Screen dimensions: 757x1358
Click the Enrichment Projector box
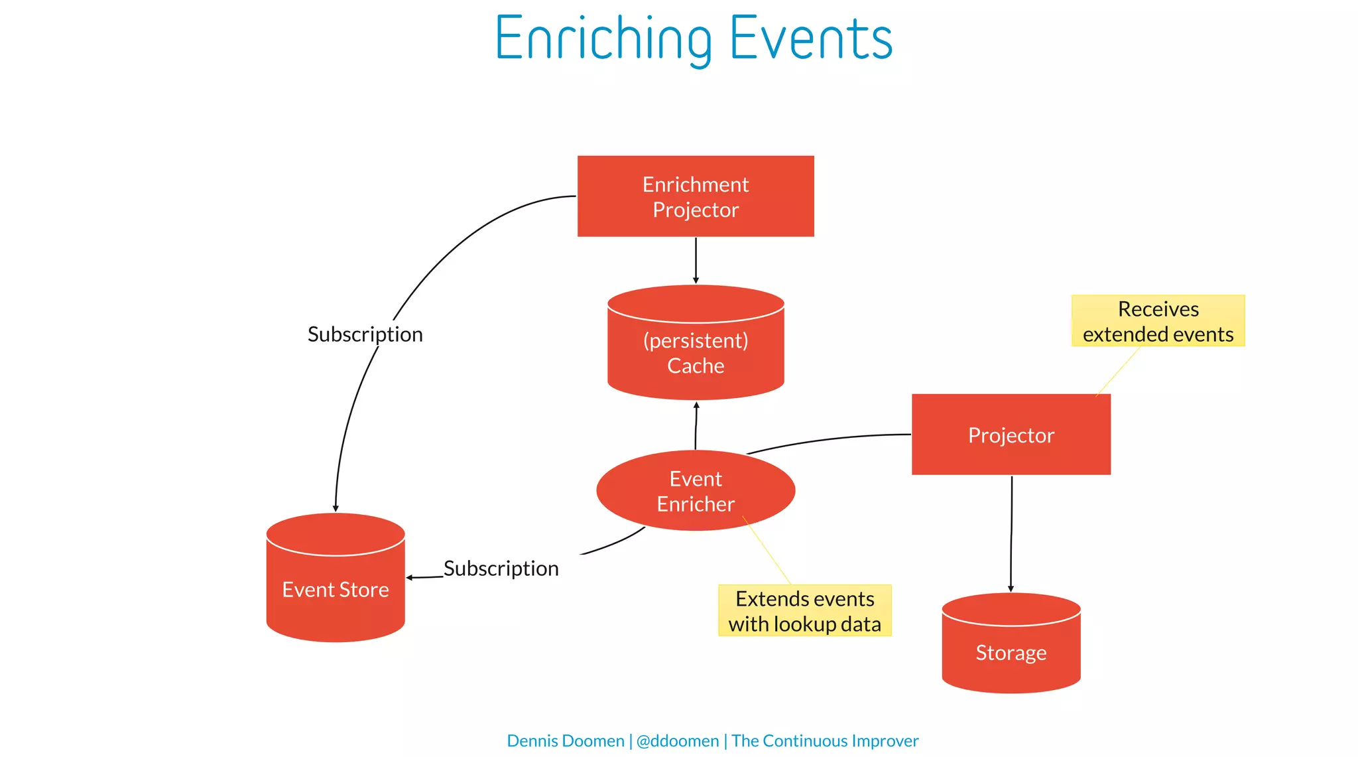[x=696, y=196]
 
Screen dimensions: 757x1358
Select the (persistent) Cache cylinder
[x=696, y=352]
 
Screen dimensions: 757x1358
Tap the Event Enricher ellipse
[x=696, y=491]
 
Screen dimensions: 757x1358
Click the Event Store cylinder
[x=336, y=587]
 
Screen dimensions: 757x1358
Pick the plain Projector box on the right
[x=1011, y=435]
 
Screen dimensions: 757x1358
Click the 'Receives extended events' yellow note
[x=1158, y=321]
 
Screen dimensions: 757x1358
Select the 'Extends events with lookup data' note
[x=804, y=610]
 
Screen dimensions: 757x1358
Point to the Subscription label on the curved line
[x=365, y=334]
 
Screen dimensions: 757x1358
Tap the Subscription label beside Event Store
[x=501, y=569]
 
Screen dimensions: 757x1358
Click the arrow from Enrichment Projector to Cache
[x=696, y=260]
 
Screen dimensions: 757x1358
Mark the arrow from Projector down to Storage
[x=1011, y=531]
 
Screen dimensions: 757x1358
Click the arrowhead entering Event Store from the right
[x=410, y=578]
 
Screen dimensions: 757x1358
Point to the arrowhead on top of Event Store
[x=336, y=508]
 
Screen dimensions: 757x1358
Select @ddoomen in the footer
[x=677, y=740]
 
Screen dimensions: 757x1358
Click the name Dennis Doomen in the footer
[x=565, y=740]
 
